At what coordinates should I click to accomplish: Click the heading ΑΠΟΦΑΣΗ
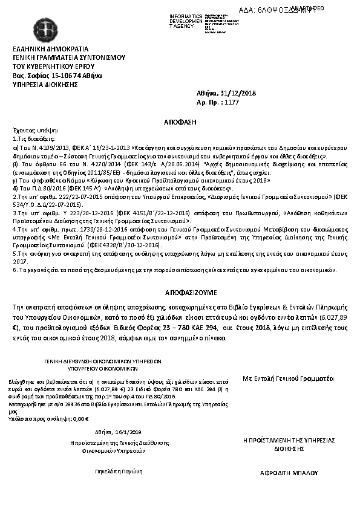180,122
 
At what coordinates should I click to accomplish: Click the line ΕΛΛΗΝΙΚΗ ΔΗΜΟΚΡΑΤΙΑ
50,49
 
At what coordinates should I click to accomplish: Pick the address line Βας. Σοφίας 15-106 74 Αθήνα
57,76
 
